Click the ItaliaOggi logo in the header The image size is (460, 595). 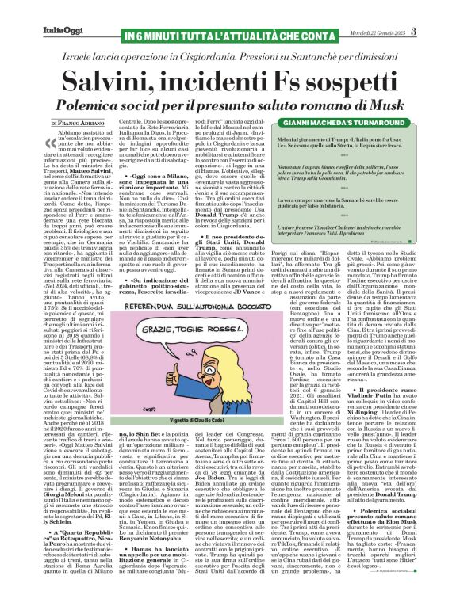33,9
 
